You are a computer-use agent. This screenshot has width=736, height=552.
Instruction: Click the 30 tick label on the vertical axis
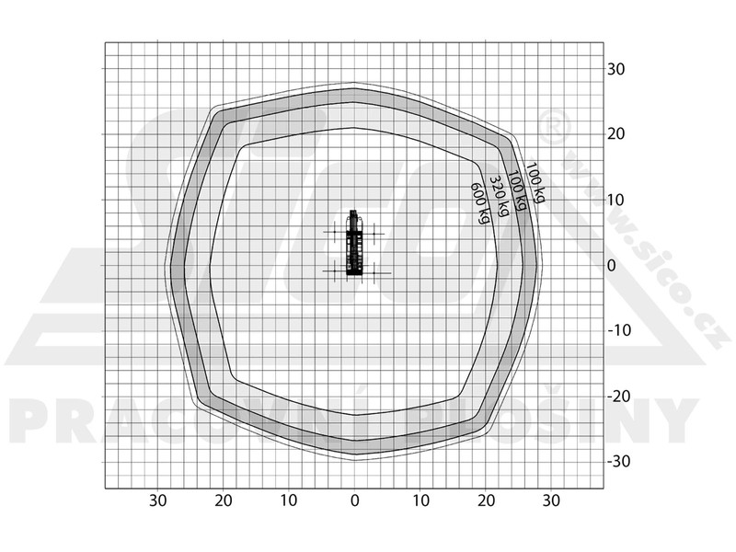point(615,70)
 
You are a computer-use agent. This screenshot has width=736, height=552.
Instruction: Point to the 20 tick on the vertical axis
point(615,134)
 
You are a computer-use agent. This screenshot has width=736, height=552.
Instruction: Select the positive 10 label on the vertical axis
point(615,201)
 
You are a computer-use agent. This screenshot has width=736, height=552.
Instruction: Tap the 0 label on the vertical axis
point(611,266)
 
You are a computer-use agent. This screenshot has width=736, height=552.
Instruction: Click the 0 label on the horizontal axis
point(355,500)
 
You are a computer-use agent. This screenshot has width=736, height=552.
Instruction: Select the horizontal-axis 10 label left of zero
point(289,500)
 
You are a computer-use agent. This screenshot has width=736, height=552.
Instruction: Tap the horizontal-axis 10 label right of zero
point(421,500)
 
